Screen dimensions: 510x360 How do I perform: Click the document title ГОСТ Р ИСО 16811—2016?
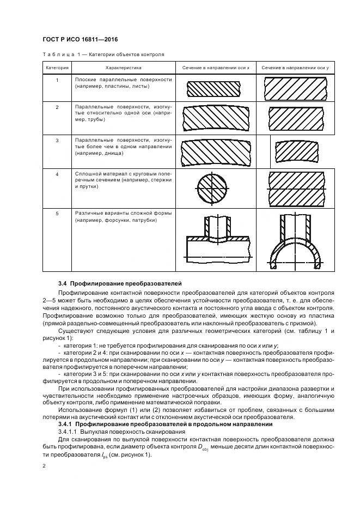80,40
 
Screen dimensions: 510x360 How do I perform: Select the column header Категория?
57,68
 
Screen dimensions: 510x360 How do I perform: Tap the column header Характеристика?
123,68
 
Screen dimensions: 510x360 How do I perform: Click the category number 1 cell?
57,80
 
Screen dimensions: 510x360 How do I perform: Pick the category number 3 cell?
57,140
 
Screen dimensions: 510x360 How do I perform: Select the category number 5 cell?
57,214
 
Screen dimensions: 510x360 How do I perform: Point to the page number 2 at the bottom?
44,466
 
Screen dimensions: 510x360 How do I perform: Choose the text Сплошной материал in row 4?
98,173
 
